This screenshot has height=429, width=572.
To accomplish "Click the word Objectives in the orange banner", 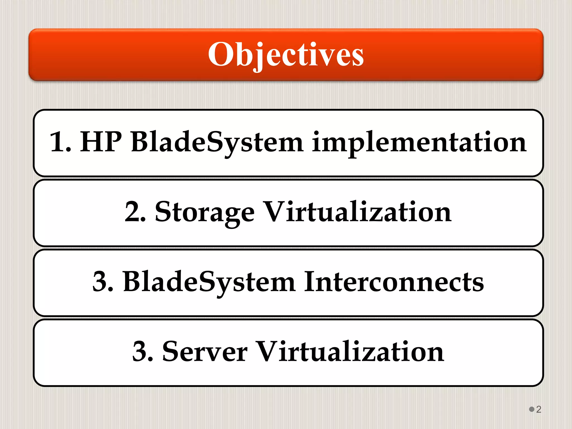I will click(x=286, y=54).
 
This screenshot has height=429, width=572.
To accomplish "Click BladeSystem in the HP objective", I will click(x=217, y=142).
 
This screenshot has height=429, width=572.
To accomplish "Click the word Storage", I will click(x=204, y=212).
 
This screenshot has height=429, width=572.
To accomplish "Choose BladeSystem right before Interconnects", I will click(x=209, y=282).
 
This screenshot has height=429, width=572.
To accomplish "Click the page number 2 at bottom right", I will click(x=539, y=409).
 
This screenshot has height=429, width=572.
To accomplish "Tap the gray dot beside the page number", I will click(x=532, y=409).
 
